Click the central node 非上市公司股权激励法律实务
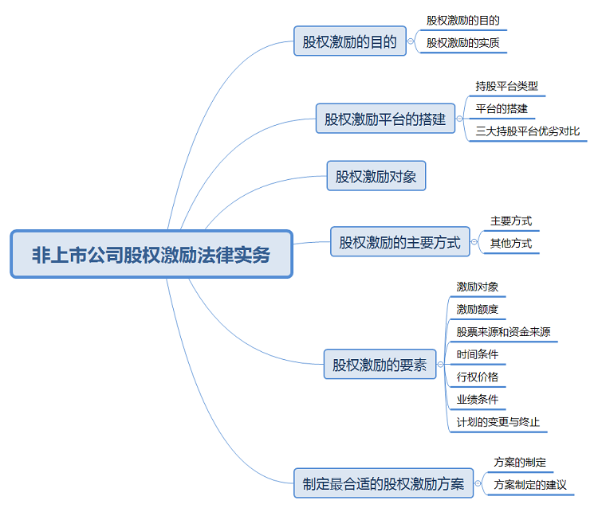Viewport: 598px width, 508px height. click(x=151, y=255)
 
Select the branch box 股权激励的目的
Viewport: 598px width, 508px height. click(x=350, y=41)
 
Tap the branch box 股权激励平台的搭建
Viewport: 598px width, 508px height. click(x=385, y=119)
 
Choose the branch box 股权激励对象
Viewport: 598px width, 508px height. click(x=376, y=176)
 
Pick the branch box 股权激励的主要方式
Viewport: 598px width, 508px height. click(x=400, y=242)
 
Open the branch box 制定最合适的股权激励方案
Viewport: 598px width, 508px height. click(x=384, y=483)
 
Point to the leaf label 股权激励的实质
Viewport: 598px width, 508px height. click(x=463, y=42)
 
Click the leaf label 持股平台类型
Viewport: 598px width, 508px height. click(x=507, y=86)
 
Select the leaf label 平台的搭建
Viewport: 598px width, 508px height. click(x=502, y=108)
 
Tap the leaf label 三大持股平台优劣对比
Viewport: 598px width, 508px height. click(x=528, y=131)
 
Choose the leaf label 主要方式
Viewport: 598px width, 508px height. click(x=511, y=221)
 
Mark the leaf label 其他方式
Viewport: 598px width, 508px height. click(x=511, y=243)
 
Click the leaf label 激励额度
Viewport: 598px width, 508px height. click(x=478, y=309)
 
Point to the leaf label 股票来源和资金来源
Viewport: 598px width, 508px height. click(x=503, y=331)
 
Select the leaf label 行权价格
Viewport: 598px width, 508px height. click(x=478, y=377)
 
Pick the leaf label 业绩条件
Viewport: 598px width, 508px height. click(x=478, y=399)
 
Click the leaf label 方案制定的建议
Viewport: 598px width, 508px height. click(x=529, y=484)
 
